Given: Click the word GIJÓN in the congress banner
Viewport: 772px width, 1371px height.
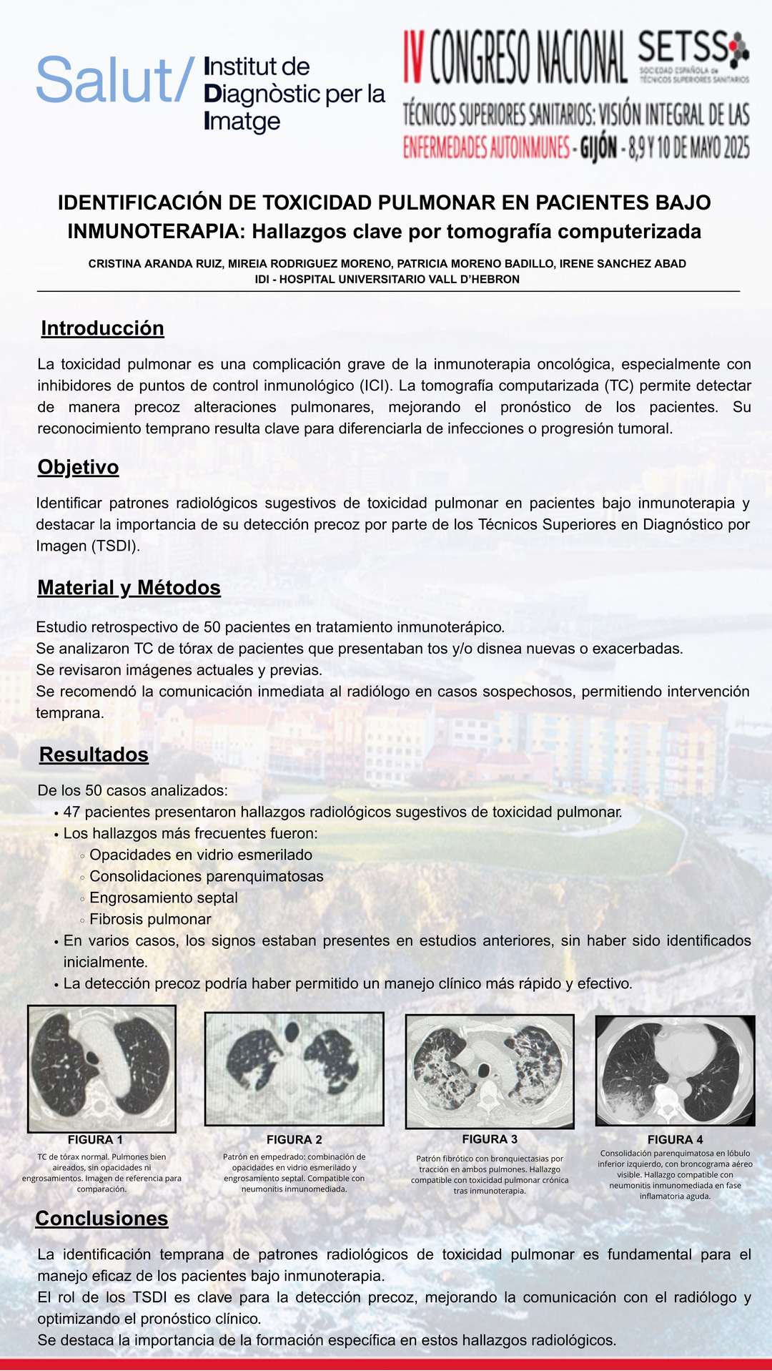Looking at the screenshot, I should pos(598,148).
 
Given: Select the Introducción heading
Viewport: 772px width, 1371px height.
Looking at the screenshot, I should pos(102,328).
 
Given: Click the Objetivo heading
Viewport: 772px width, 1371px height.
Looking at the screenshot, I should pos(78,467).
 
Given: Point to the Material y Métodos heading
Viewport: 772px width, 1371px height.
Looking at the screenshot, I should pos(129,588).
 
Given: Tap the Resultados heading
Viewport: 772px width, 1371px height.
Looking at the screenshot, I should pos(94,755).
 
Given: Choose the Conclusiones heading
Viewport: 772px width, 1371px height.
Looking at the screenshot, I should pos(102,1219).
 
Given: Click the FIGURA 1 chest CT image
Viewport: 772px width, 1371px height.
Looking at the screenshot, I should pos(102,1068).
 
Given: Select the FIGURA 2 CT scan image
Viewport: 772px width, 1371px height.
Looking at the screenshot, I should pos(294,1068).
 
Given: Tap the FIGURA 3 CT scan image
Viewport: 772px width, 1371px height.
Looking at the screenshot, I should pos(490,1071).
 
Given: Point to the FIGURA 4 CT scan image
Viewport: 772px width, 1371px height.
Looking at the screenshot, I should pos(675,1071).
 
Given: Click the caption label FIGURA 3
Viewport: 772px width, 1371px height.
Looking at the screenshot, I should pos(490,1139).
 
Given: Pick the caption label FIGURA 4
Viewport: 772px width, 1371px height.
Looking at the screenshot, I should pos(675,1140).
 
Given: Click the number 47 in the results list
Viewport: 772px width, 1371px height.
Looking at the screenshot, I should pos(71,812).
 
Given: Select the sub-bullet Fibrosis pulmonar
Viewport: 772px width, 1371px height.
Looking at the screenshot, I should pos(150,919).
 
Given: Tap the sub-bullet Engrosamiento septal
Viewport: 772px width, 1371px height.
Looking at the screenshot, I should pos(164,898).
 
